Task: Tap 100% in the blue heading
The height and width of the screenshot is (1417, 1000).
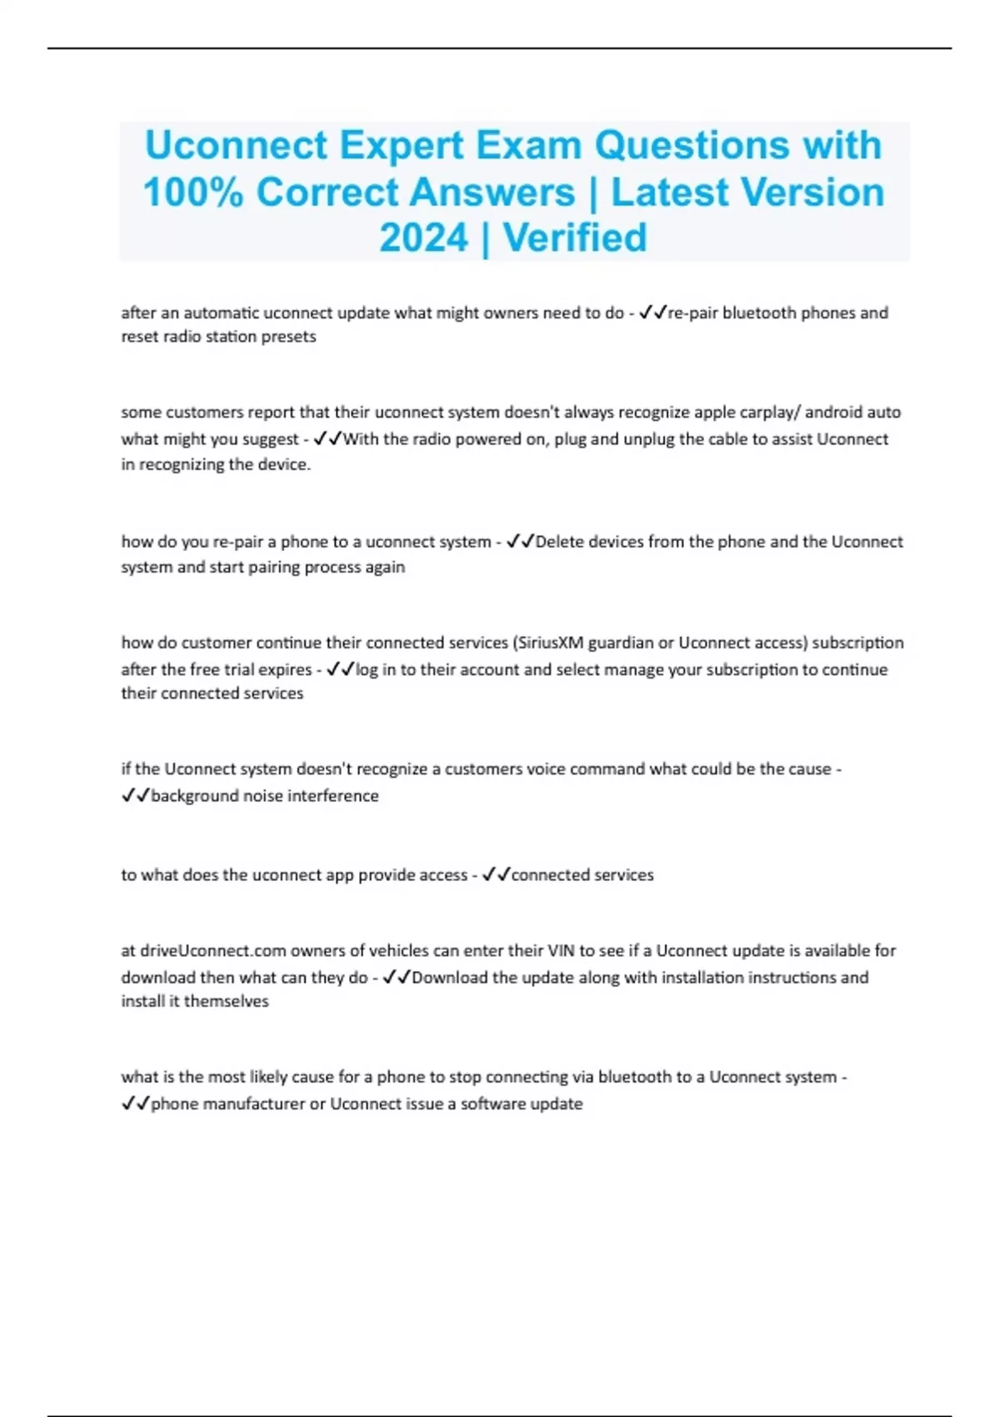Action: tap(193, 193)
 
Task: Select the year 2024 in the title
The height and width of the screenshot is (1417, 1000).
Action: tap(423, 238)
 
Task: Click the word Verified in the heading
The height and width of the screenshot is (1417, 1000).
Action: tap(575, 238)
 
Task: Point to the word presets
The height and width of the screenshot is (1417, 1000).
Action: tap(288, 337)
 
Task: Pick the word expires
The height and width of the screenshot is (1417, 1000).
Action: tap(284, 669)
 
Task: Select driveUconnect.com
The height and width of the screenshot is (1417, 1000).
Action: tap(213, 950)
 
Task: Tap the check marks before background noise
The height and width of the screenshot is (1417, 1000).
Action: tap(135, 796)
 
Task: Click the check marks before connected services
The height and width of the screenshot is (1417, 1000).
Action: tap(496, 875)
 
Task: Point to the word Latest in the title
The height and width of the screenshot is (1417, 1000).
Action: tap(670, 193)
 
